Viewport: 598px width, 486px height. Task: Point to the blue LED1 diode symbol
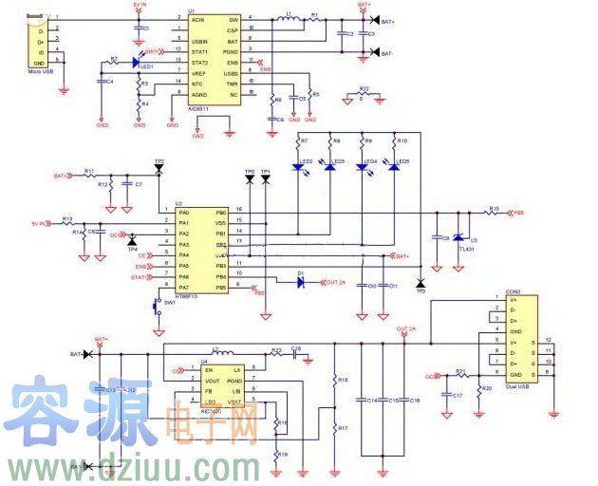[136, 64]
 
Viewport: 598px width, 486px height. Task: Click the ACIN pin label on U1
[197, 19]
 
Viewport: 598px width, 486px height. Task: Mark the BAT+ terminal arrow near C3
[376, 20]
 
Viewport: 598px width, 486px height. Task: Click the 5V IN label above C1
[140, 5]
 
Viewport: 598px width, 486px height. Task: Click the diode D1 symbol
[300, 281]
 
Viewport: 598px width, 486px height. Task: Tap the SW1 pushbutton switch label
[170, 303]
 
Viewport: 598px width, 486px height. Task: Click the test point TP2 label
[159, 161]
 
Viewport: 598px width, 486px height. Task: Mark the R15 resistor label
[494, 208]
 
